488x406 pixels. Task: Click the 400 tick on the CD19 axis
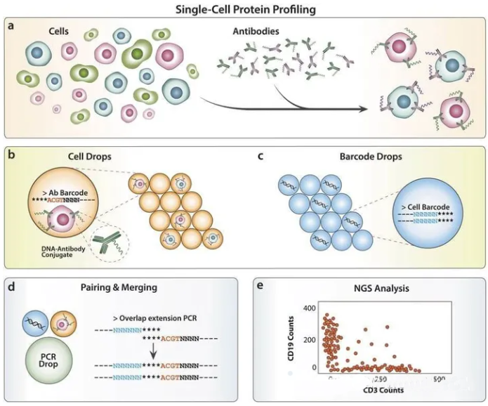click(310, 308)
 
